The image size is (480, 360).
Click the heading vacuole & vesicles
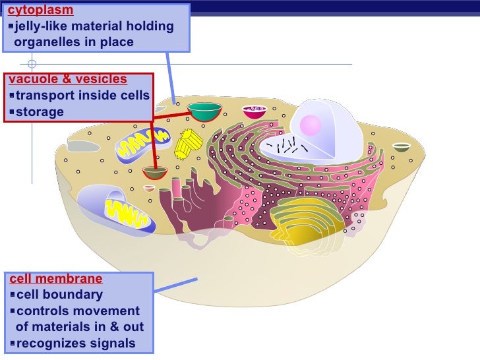67,80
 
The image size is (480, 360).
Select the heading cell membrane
55,280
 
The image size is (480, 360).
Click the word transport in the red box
44,96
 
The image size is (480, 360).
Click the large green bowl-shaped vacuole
204,111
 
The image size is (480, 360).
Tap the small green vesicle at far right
402,147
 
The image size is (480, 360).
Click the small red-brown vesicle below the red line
155,173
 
